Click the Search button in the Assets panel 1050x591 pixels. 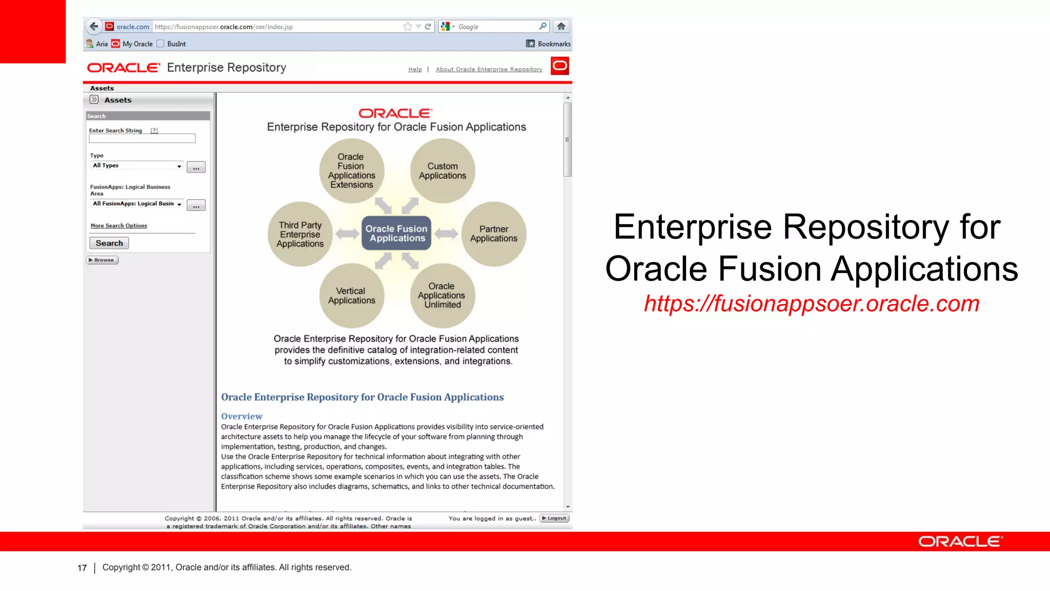click(109, 243)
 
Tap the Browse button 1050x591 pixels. click(102, 260)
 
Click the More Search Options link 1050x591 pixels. click(118, 226)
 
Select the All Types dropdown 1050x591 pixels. click(136, 166)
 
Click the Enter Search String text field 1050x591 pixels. click(142, 139)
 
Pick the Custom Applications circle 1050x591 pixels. click(442, 171)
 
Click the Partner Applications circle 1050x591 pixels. click(494, 234)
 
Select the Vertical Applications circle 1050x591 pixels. click(352, 296)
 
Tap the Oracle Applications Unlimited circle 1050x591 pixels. click(442, 295)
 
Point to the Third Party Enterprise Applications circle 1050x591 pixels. click(300, 234)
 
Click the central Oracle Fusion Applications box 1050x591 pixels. click(396, 233)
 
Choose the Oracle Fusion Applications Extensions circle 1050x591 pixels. click(352, 171)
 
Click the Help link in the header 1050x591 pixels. click(415, 69)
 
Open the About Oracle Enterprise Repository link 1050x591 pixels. click(489, 69)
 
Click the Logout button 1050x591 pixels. click(554, 518)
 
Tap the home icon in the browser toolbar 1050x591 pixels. click(561, 27)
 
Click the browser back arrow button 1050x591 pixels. click(93, 27)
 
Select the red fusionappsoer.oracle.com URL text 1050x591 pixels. click(812, 303)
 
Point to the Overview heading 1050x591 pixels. click(241, 416)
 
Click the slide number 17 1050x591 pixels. click(82, 568)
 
